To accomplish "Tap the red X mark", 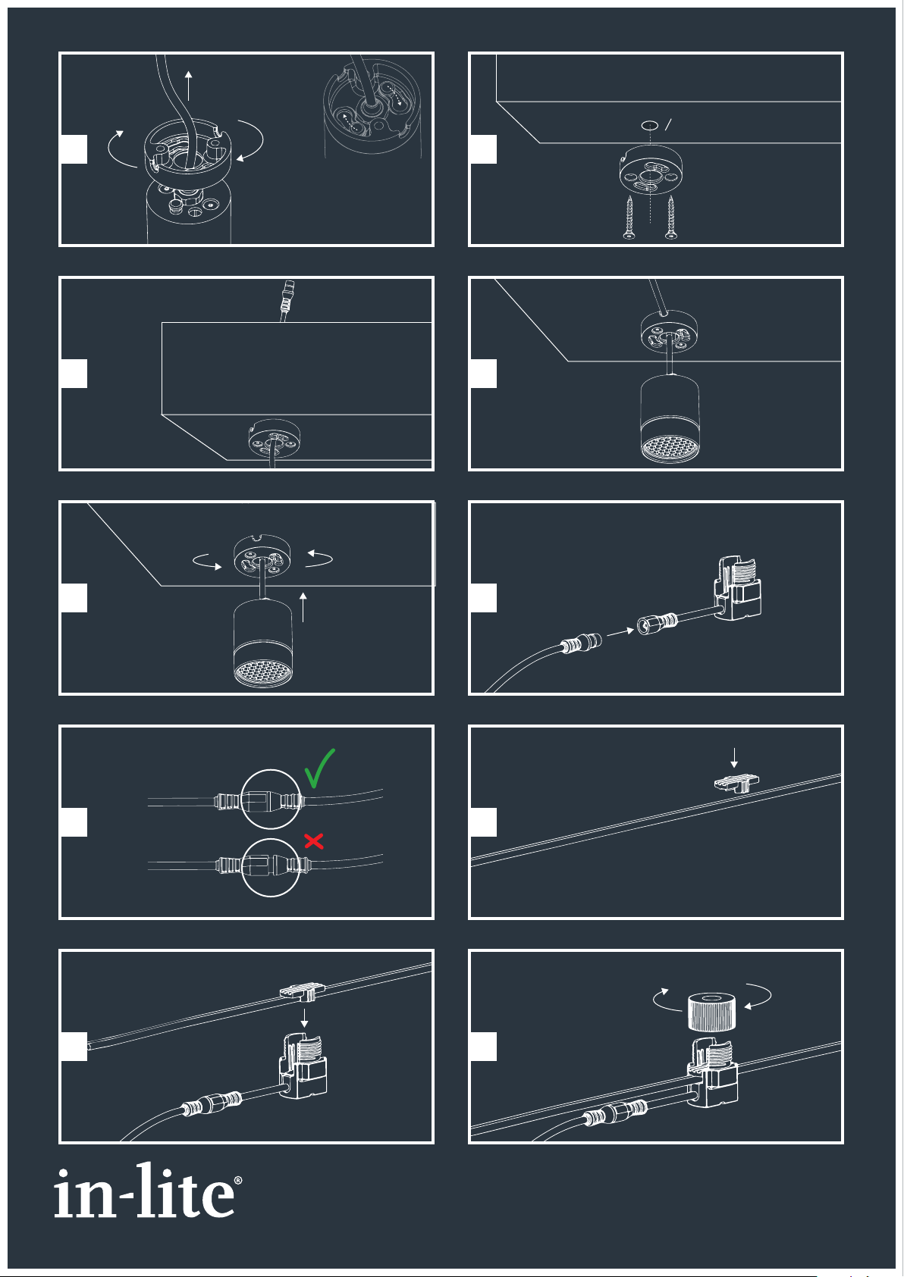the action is (314, 841).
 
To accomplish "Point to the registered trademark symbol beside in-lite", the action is (238, 1180).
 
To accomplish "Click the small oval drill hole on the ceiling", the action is (650, 125).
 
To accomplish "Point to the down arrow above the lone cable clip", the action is (734, 758).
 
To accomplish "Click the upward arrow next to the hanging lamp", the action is (303, 606).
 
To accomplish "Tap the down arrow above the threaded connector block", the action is (304, 1018).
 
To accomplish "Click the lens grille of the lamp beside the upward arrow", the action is (263, 673).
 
